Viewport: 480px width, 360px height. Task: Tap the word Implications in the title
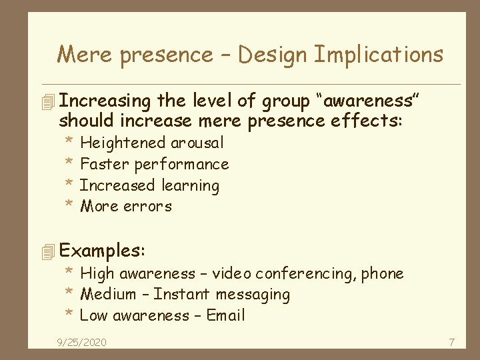(378, 55)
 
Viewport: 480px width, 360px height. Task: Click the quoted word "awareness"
(371, 101)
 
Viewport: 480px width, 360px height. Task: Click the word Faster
(105, 164)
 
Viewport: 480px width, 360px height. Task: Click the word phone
(383, 273)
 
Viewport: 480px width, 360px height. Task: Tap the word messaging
(251, 295)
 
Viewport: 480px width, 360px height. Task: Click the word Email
(225, 315)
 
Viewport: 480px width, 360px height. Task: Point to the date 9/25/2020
(81, 343)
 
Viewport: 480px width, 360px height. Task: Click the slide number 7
(451, 343)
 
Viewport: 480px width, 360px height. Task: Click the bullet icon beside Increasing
(46, 102)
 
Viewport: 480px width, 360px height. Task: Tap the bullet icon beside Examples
(46, 252)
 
